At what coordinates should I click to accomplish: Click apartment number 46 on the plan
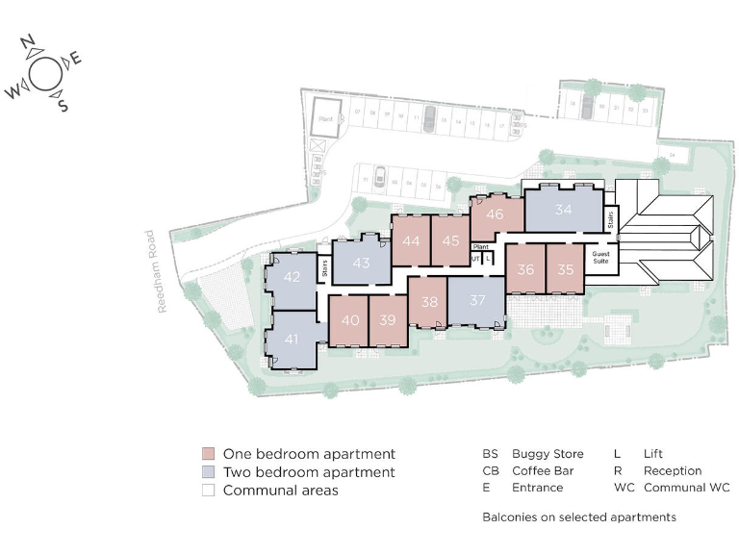(x=495, y=214)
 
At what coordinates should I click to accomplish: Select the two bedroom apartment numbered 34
(x=563, y=210)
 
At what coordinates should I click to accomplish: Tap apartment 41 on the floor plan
(x=292, y=339)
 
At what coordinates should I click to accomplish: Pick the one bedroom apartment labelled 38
(x=428, y=301)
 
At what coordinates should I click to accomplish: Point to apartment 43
(x=361, y=263)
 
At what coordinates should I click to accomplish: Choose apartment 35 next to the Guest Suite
(x=566, y=269)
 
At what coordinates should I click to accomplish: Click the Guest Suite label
(x=601, y=258)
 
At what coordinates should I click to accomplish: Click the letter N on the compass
(x=28, y=43)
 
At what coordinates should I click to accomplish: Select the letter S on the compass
(x=63, y=105)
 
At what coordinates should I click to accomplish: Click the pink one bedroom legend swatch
(x=208, y=454)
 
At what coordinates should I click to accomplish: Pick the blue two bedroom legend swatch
(x=208, y=472)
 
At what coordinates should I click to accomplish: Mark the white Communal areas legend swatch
(x=208, y=491)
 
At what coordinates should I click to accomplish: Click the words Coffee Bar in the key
(x=544, y=471)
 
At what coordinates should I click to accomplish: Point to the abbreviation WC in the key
(x=624, y=489)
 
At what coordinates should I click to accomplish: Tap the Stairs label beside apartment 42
(x=324, y=268)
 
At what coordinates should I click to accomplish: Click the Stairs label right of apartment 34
(x=610, y=219)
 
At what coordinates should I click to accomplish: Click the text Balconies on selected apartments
(x=578, y=517)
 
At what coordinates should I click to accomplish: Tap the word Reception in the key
(x=673, y=471)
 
